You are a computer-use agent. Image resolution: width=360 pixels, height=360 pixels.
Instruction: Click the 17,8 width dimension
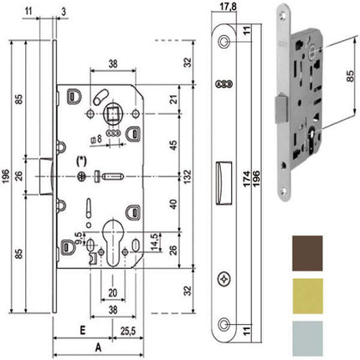pos(221,8)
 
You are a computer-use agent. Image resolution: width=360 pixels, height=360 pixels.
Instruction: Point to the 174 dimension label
pos(252,179)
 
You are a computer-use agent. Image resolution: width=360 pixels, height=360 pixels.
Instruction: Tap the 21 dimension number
pos(171,102)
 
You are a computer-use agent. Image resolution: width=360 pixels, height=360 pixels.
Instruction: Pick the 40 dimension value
pos(171,204)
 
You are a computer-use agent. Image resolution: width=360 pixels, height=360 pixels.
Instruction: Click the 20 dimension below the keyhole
pos(111,293)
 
